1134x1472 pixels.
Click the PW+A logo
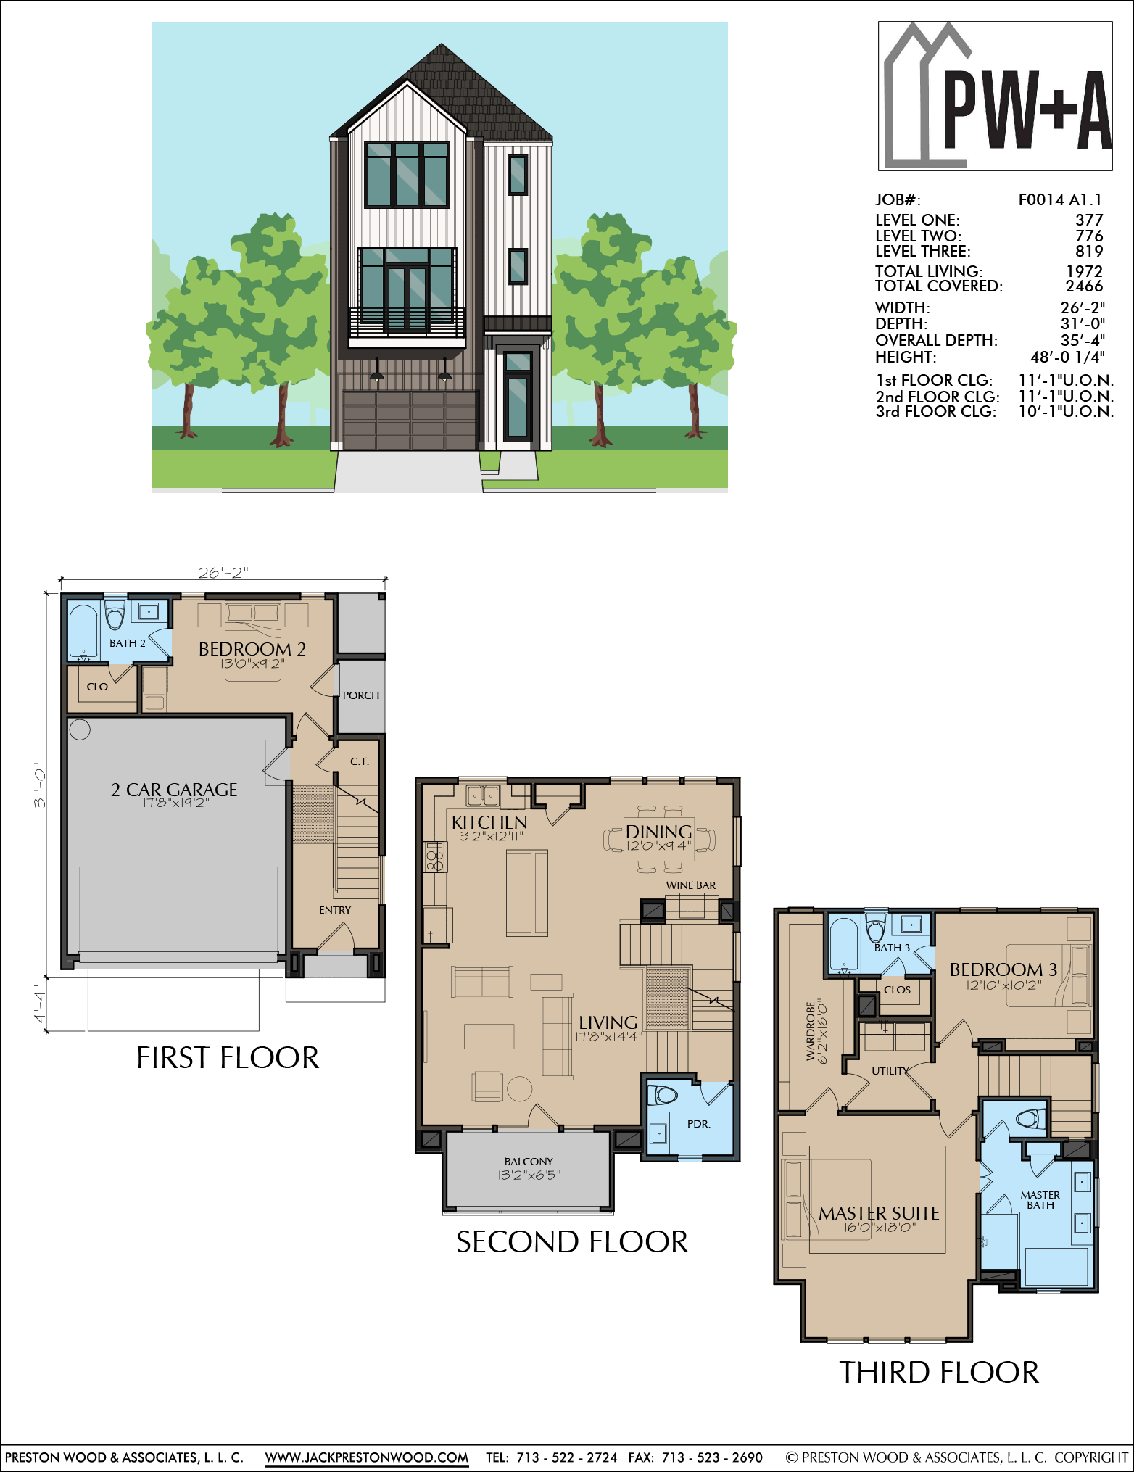coord(995,96)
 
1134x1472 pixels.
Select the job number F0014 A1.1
coord(1060,200)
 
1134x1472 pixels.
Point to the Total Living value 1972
coord(1084,271)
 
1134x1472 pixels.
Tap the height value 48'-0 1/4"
coord(1067,357)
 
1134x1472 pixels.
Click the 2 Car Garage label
coord(174,790)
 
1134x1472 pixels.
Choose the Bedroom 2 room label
coord(252,649)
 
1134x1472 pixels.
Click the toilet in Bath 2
coord(115,615)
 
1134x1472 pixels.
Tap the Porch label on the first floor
coord(361,695)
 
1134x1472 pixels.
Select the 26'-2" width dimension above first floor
coord(223,573)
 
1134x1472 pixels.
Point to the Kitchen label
coord(489,822)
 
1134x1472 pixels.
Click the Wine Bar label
coord(691,885)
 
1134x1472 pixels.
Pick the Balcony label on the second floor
coord(529,1162)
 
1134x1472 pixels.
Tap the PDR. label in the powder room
coord(699,1124)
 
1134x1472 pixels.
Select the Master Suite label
coord(879,1213)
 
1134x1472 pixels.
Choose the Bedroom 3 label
coord(1003,969)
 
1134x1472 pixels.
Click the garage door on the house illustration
coord(410,421)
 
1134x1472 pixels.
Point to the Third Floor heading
coord(939,1373)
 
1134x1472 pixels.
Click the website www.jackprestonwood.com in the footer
coord(367,1457)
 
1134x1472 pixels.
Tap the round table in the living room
coord(520,1088)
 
